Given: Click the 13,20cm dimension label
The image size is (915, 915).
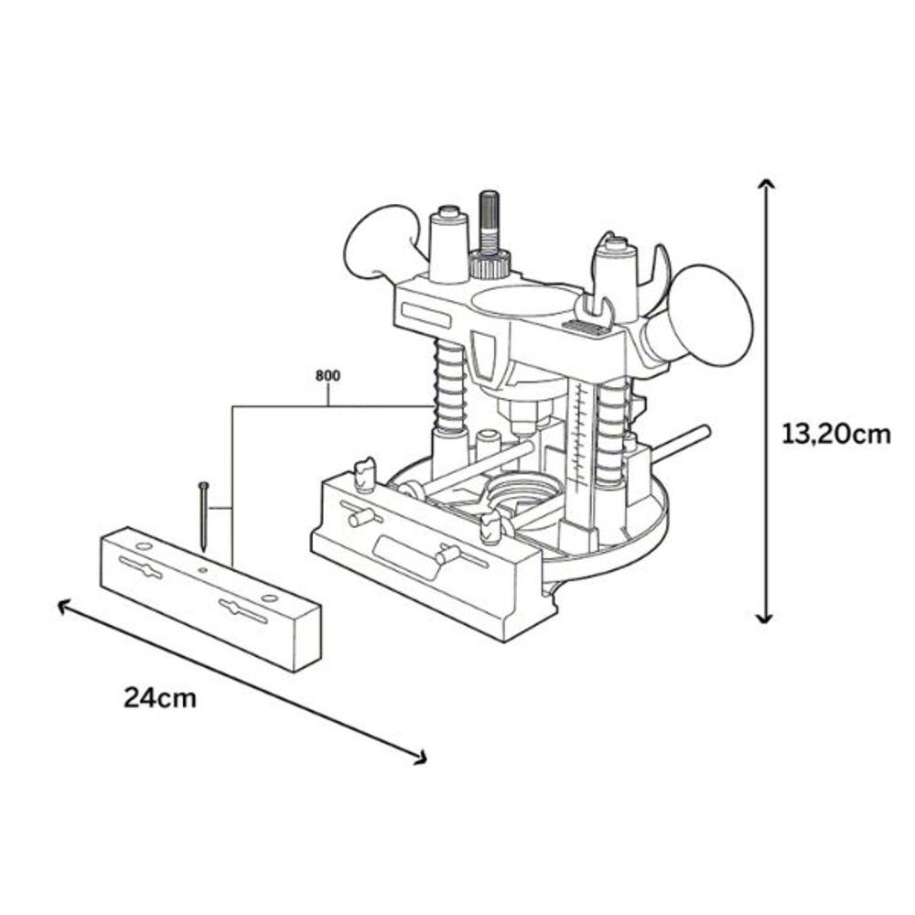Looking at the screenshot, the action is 835,435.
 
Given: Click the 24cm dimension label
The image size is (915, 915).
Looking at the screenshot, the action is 160,698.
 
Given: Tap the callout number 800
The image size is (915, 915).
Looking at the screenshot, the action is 328,376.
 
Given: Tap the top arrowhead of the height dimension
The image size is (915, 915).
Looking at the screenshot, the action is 766,185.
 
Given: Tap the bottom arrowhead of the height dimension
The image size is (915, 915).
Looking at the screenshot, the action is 765,618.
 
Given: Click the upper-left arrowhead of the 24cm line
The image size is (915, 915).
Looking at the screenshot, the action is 63,607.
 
